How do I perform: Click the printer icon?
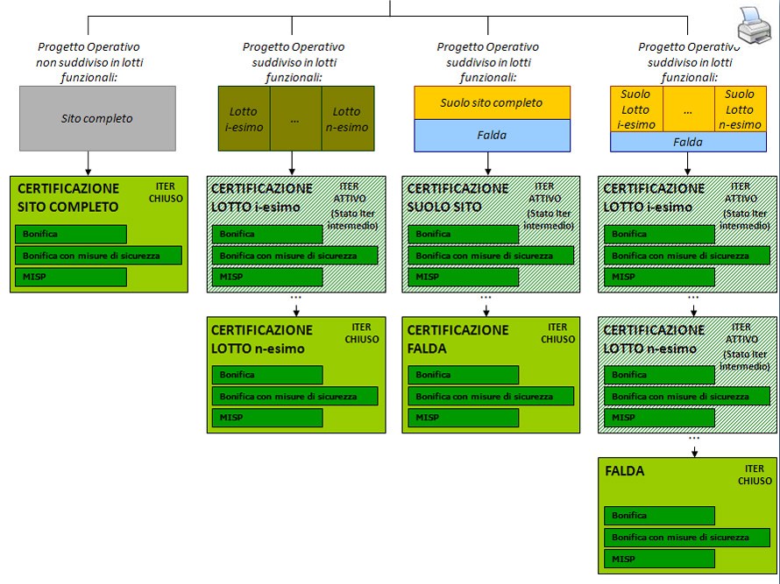[x=755, y=25]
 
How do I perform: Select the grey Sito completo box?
[x=97, y=117]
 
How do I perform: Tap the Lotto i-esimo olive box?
[x=244, y=118]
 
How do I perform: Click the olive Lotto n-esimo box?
[x=346, y=118]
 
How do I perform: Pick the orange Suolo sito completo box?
[x=492, y=102]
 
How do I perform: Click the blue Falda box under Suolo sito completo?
[x=492, y=135]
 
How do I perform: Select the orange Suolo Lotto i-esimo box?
[x=635, y=109]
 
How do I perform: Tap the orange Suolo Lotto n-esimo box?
[x=740, y=109]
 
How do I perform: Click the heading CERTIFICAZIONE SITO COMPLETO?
[x=68, y=198]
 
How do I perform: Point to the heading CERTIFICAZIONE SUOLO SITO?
[x=457, y=198]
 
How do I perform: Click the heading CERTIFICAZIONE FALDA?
[x=457, y=339]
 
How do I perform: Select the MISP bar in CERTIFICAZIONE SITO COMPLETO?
[x=71, y=277]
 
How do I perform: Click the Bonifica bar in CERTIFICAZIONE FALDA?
[x=463, y=375]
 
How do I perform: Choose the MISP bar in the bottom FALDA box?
[x=659, y=559]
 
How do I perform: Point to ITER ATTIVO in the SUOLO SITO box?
[x=544, y=193]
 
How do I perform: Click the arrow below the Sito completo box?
[x=88, y=164]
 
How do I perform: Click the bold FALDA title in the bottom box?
[x=625, y=471]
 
